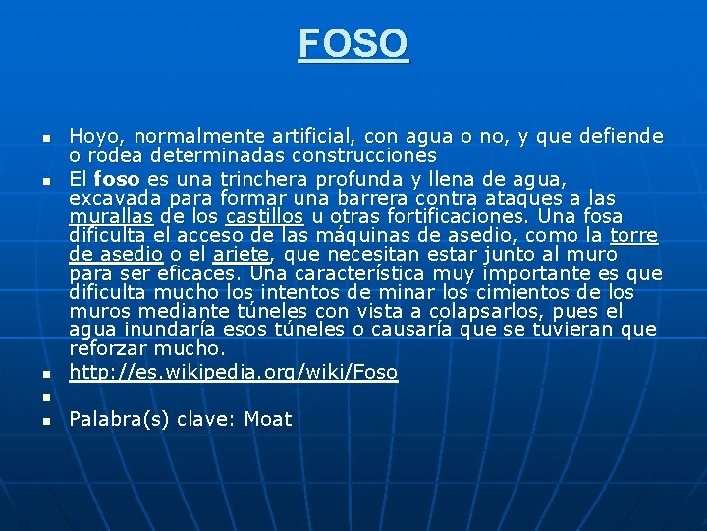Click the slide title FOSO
pos(353,43)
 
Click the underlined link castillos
pos(264,216)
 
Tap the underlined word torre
pos(633,236)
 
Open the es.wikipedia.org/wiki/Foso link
pos(234,372)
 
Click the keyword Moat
pos(268,420)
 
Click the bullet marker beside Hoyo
pos(45,138)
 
